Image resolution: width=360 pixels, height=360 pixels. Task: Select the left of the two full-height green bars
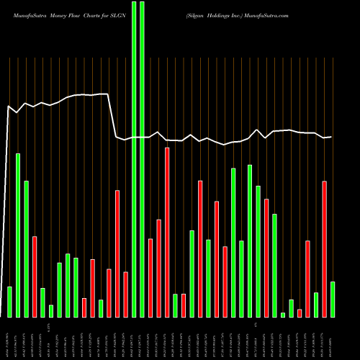coord(133,158)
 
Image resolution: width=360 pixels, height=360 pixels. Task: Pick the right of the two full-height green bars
coord(142,158)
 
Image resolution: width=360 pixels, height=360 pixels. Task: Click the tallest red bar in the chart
coord(167,232)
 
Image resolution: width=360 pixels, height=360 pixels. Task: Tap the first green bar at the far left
coord(9,301)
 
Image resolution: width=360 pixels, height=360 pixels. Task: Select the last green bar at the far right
coord(333,299)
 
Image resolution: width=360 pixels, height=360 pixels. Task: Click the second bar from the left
coord(18,235)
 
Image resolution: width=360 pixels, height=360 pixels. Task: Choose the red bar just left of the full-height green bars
coord(125,294)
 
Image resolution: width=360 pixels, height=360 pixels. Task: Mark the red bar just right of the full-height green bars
coord(150,277)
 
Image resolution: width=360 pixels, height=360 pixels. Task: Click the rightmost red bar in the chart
coord(324,248)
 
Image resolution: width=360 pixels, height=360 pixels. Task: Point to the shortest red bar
coord(300,312)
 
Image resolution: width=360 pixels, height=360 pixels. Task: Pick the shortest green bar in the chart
coord(283,315)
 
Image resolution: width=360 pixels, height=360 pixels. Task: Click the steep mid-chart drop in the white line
coord(112,115)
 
